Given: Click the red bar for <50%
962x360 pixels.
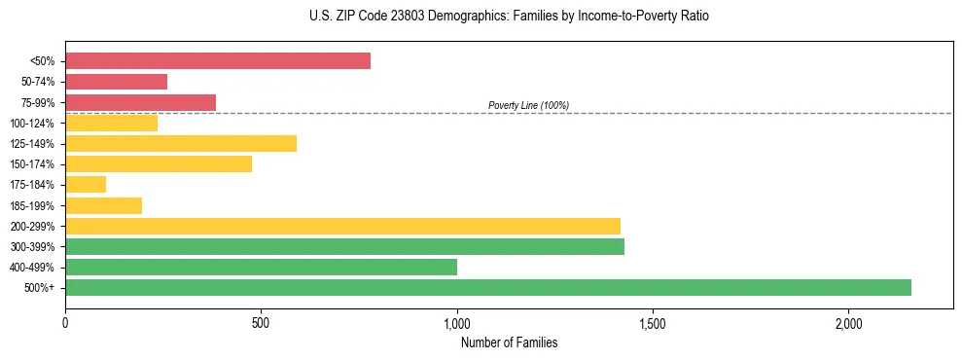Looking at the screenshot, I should pos(218,61).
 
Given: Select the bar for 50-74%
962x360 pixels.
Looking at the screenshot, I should pos(116,82).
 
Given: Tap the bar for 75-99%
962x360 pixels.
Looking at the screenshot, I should pos(140,102).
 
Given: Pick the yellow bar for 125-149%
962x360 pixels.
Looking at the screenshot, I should pos(181,144).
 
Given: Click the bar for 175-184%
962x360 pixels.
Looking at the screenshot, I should pos(86,185).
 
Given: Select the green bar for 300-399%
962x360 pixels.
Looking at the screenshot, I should pos(344,247).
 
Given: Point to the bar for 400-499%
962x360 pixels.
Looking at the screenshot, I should pos(261,268).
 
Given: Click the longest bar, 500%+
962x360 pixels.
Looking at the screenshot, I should pos(488,288).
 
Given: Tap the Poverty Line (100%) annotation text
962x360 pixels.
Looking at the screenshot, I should pos(528,105).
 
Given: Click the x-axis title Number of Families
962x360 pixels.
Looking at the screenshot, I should pos(509,342).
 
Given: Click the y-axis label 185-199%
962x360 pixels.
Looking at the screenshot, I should pos(32,206).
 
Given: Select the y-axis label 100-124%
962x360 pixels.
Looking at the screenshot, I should pos(32,124).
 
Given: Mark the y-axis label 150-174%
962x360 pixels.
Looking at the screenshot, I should pos(32,164).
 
